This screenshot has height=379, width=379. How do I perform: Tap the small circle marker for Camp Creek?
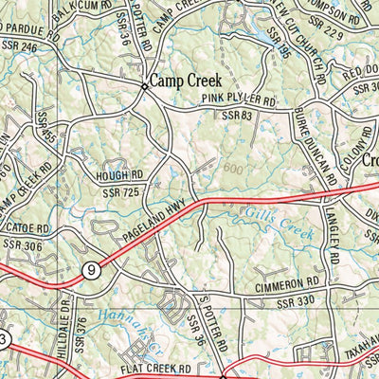(x=144, y=86)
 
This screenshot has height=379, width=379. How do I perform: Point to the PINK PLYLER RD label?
(x=238, y=99)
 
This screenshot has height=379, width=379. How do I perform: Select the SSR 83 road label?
(x=238, y=115)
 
